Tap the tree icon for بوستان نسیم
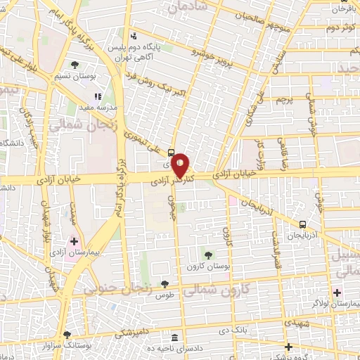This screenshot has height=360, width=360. pyautogui.click(x=75, y=65)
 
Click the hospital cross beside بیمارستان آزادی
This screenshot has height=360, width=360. pyautogui.click(x=75, y=241)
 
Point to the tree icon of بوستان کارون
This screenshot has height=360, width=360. pyautogui.click(x=208, y=254)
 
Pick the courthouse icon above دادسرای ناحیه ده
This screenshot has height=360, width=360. pyautogui.click(x=175, y=337)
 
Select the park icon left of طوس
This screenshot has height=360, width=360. pyautogui.click(x=165, y=285)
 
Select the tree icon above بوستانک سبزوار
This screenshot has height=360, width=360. pyautogui.click(x=67, y=335)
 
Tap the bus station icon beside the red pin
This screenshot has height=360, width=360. pyautogui.click(x=172, y=151)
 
